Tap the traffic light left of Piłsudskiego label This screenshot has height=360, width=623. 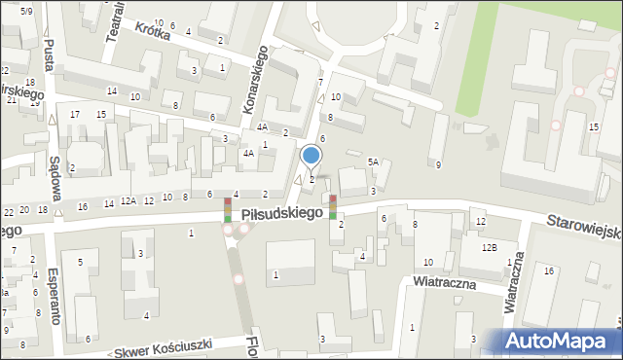pyautogui.click(x=228, y=211)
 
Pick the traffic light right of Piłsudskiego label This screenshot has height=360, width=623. pyautogui.click(x=333, y=207)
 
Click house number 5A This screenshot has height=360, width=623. pyautogui.click(x=373, y=162)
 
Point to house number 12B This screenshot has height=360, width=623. pyautogui.click(x=489, y=248)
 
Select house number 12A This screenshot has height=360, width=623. pyautogui.click(x=128, y=200)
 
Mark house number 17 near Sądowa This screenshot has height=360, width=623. pyautogui.click(x=75, y=115)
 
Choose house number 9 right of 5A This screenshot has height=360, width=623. pyautogui.click(x=438, y=164)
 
